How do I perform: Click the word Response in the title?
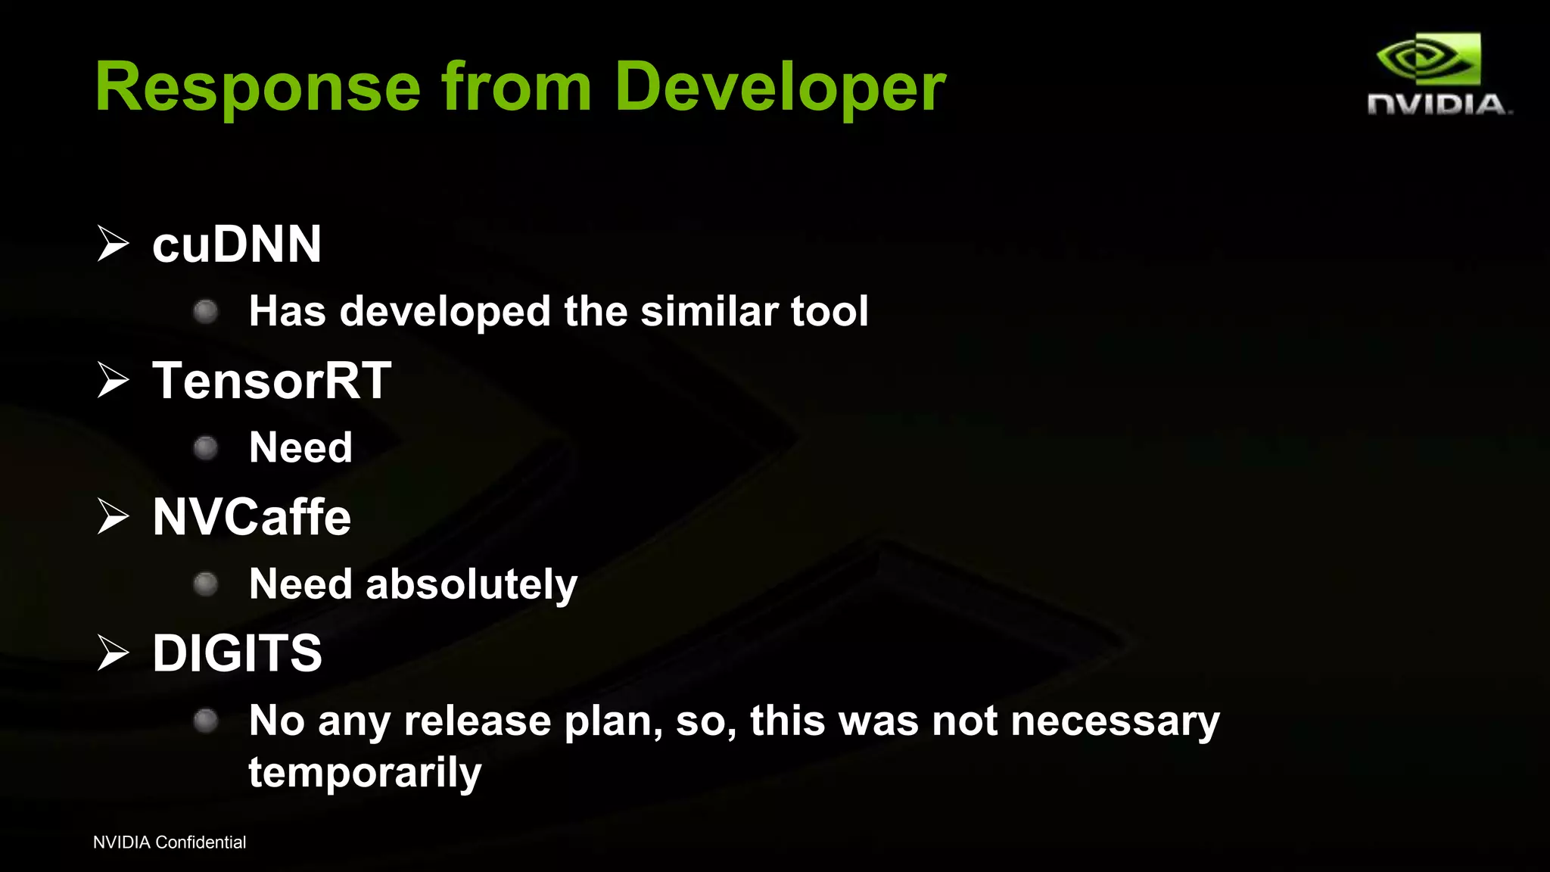pyautogui.click(x=257, y=89)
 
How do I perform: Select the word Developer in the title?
pyautogui.click(x=780, y=89)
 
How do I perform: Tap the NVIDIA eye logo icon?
pyautogui.click(x=1428, y=59)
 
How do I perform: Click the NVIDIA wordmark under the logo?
pyautogui.click(x=1437, y=104)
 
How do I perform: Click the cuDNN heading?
pyautogui.click(x=237, y=244)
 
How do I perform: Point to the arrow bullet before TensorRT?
pyautogui.click(x=114, y=380)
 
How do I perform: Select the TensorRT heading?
pyautogui.click(x=272, y=380)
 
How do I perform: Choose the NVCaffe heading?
pyautogui.click(x=251, y=517)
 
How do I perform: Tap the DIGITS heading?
pyautogui.click(x=237, y=652)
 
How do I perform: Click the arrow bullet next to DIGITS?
pyautogui.click(x=114, y=652)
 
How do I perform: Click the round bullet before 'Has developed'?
pyautogui.click(x=206, y=312)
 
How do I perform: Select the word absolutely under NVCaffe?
pyautogui.click(x=471, y=584)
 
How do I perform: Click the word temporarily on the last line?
pyautogui.click(x=365, y=773)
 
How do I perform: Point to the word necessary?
pyautogui.click(x=1115, y=721)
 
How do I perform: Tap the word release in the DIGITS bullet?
pyautogui.click(x=477, y=721)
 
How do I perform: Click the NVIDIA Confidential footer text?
pyautogui.click(x=170, y=842)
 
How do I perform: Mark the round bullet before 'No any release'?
pyautogui.click(x=206, y=721)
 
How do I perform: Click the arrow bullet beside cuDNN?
pyautogui.click(x=114, y=244)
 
